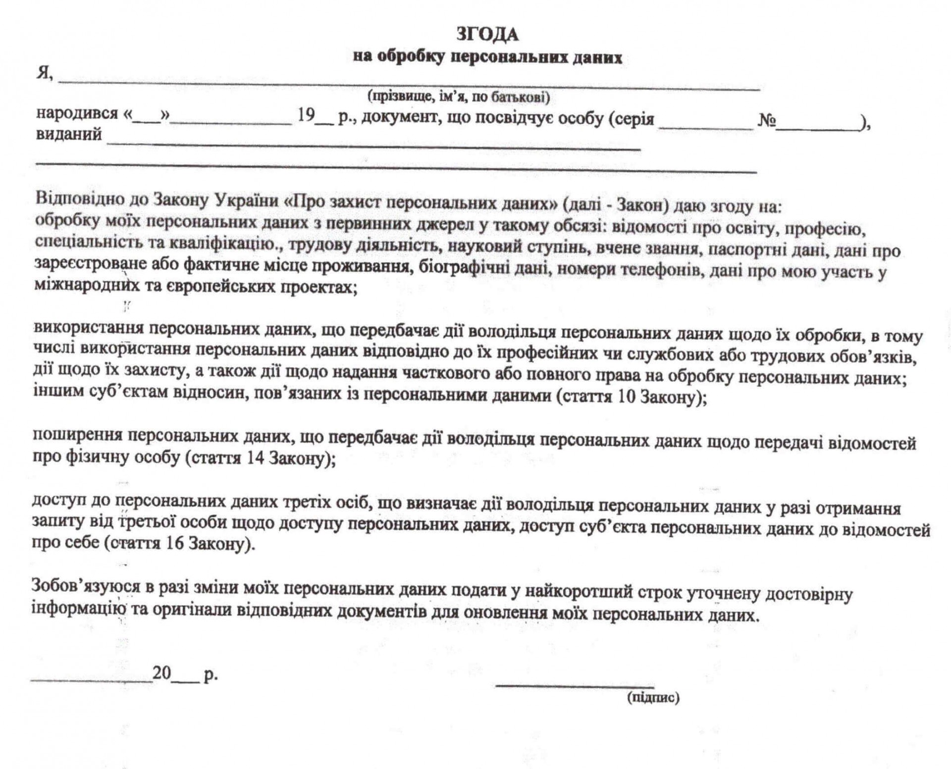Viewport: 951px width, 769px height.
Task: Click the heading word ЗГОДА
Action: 487,35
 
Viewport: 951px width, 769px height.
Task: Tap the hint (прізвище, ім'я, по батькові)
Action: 458,97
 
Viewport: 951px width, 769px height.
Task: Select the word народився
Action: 77,114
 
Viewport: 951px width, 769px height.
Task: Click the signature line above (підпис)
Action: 575,685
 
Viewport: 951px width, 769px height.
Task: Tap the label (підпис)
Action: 653,698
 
